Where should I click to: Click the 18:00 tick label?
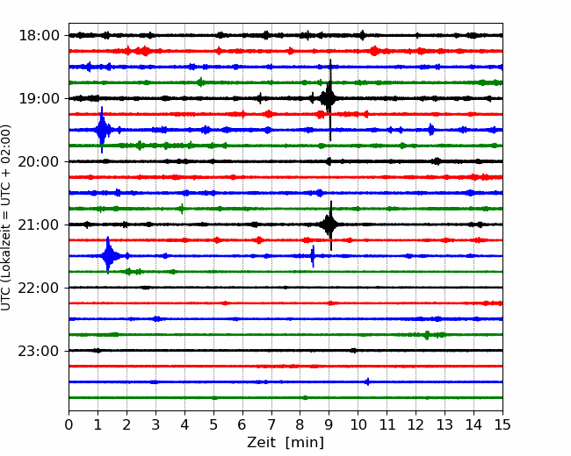pos(39,36)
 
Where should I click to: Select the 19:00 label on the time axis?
pos(39,98)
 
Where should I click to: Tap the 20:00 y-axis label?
pos(39,161)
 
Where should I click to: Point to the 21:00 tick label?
pos(39,224)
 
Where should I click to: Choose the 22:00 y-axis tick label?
pos(39,288)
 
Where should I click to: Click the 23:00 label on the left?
pos(39,351)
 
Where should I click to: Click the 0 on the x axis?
pos(69,424)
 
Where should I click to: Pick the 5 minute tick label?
pos(213,424)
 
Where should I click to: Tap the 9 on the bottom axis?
pos(329,424)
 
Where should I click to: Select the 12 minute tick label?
pos(416,424)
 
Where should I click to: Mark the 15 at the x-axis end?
pos(502,424)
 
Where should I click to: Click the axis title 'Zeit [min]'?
pos(285,442)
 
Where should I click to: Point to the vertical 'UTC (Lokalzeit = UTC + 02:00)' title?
pos(6,217)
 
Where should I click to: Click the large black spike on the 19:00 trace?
pos(330,98)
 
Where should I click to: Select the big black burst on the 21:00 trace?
pos(330,224)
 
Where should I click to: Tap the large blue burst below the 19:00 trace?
pos(102,130)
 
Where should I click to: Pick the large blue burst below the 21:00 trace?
pos(108,256)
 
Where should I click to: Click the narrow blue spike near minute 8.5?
pos(313,256)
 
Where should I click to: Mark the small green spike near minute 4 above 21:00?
pos(182,209)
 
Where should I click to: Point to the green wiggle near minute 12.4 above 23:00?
pos(427,335)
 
